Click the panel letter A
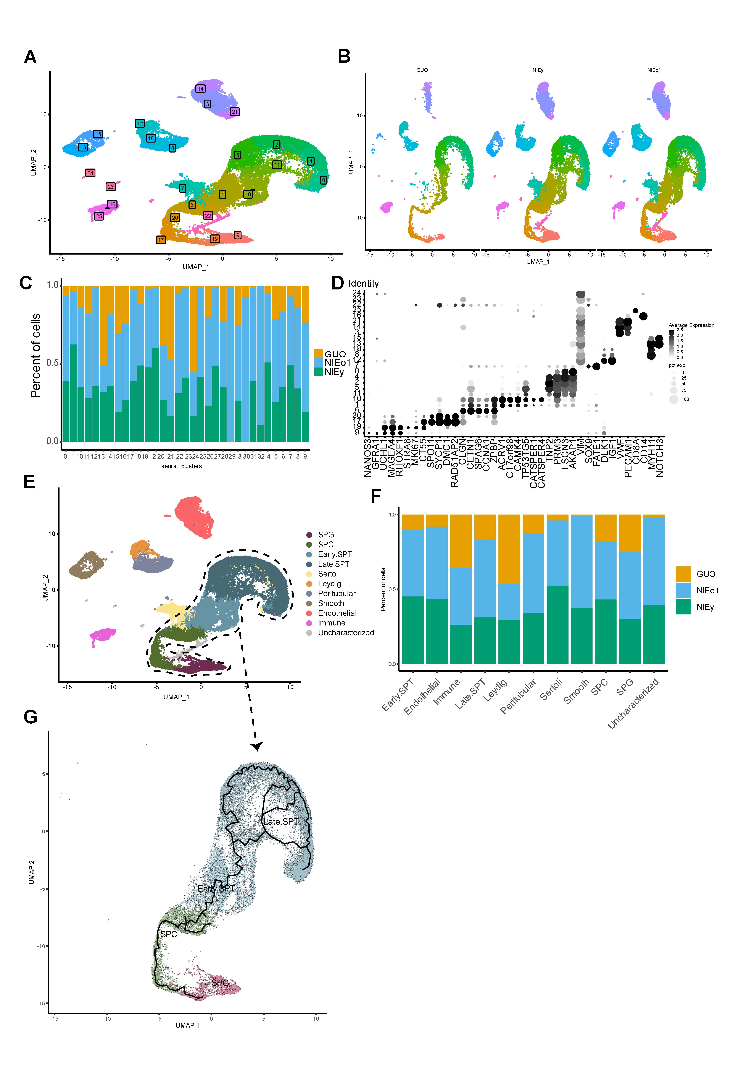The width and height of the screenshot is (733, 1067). click(x=30, y=57)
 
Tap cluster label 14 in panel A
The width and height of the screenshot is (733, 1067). click(x=200, y=89)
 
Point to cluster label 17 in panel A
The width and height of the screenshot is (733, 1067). click(x=161, y=240)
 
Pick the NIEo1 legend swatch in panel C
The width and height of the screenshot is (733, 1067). click(x=319, y=363)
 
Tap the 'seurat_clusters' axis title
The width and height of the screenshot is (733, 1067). click(x=181, y=466)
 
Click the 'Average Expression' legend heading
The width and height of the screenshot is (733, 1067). click(x=691, y=325)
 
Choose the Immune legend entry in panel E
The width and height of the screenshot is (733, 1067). click(x=332, y=623)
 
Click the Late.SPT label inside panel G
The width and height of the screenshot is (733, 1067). click(x=281, y=822)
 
